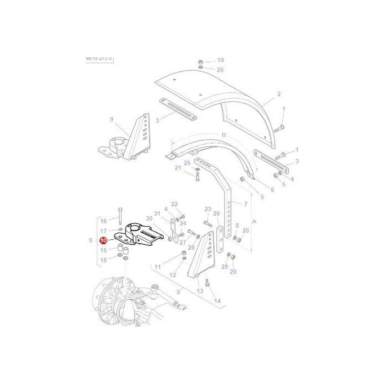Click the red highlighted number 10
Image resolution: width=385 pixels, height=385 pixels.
[103, 240]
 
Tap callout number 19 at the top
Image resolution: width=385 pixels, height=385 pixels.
[220, 60]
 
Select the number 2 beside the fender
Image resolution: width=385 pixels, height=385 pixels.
[279, 94]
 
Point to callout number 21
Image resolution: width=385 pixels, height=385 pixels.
[178, 168]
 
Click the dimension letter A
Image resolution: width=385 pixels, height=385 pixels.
[254, 221]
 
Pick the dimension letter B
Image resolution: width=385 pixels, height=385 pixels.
[209, 135]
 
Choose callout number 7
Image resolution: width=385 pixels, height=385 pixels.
[245, 204]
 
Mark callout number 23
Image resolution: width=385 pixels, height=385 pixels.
[207, 209]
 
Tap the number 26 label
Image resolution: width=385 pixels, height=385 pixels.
[216, 213]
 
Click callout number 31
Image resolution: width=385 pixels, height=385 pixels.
[157, 213]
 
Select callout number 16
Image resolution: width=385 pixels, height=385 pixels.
[103, 221]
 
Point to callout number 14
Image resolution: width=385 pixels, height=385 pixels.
[217, 301]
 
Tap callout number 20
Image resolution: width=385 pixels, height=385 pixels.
[246, 231]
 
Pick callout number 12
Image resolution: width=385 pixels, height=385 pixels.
[172, 275]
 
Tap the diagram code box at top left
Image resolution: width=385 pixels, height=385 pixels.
[100, 59]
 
